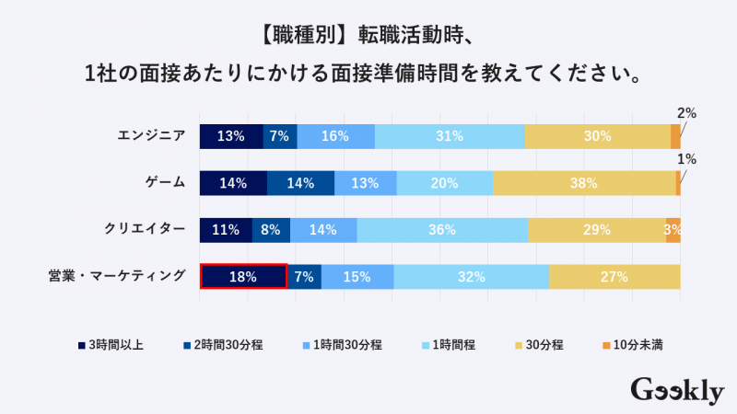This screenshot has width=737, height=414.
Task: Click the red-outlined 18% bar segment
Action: click(244, 276)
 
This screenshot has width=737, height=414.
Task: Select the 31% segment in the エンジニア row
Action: click(450, 136)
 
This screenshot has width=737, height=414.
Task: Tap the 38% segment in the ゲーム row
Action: click(584, 183)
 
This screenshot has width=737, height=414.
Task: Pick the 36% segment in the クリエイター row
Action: click(442, 230)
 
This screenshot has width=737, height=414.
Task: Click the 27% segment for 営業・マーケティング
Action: click(614, 276)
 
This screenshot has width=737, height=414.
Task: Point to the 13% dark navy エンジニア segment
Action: click(231, 136)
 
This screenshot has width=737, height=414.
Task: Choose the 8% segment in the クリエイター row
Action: click(271, 230)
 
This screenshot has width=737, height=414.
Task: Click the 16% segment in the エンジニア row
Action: click(335, 136)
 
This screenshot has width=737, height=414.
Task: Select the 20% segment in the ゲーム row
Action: click(444, 183)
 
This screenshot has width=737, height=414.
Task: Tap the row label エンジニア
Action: click(151, 136)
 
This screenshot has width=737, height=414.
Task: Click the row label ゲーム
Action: click(167, 183)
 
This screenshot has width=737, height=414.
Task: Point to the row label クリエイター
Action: click(146, 230)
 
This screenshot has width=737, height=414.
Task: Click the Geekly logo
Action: click(677, 390)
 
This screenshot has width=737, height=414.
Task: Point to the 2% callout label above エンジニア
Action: click(686, 113)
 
